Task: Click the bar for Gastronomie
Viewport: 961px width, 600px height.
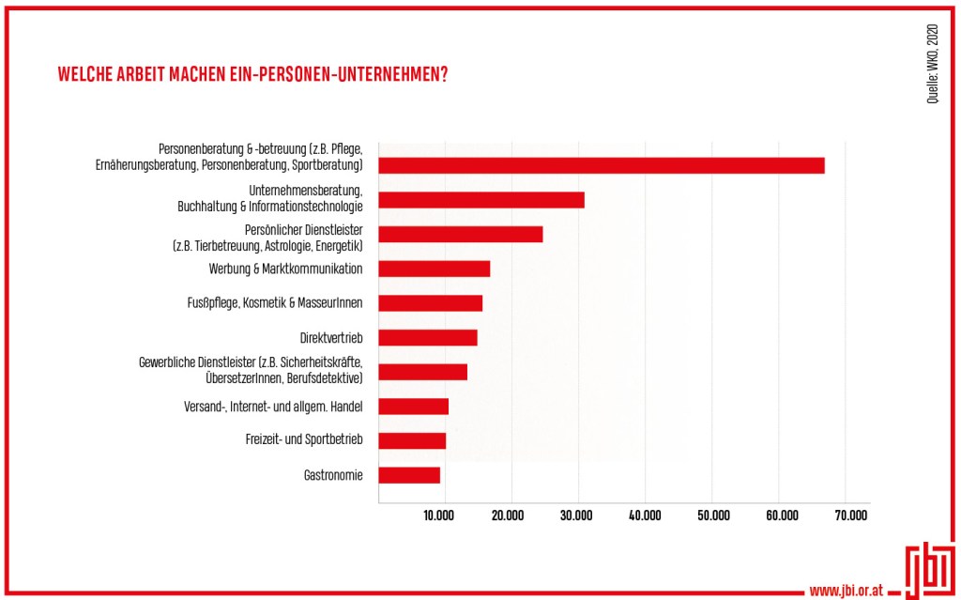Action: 409,475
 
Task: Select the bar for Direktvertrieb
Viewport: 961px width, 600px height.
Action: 428,337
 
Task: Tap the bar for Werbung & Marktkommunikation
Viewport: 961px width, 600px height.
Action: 435,269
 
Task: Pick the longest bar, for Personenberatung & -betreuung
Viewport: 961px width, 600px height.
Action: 602,165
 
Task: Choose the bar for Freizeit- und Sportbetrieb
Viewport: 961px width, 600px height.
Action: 412,440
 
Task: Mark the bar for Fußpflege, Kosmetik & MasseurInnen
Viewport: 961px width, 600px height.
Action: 431,303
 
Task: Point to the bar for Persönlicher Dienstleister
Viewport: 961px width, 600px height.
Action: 461,234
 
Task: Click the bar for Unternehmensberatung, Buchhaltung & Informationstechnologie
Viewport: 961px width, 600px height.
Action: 481,200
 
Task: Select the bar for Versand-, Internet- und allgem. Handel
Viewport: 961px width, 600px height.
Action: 414,407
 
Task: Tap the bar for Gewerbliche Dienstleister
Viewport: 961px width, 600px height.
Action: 423,372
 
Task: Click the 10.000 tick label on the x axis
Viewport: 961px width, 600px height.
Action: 439,515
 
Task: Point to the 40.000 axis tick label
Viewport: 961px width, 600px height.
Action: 645,515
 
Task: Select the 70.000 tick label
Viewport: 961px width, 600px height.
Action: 851,515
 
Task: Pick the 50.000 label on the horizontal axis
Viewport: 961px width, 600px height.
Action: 713,515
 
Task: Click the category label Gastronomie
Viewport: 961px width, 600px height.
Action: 333,475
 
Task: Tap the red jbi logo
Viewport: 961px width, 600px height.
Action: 925,572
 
